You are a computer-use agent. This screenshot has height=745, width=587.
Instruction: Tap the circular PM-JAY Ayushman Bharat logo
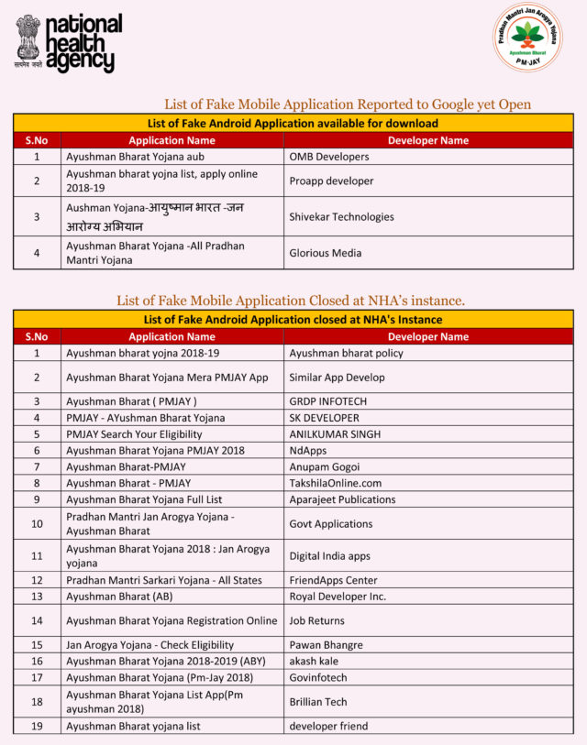point(527,38)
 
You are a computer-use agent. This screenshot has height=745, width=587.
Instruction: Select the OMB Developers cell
point(329,157)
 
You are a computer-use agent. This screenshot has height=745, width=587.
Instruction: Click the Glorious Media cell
point(325,253)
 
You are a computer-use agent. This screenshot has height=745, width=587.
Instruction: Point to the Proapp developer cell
point(331,181)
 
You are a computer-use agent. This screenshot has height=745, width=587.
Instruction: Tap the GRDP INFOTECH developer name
point(327,401)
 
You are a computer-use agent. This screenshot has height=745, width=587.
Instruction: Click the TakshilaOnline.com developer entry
point(335,483)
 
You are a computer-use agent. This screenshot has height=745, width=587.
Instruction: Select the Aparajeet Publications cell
point(342,499)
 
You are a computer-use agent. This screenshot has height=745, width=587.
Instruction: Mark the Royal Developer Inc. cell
point(338,597)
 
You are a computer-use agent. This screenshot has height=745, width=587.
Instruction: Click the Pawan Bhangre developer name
point(326,645)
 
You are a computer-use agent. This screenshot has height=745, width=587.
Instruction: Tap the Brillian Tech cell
point(317,701)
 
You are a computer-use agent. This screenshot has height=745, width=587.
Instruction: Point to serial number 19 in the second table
point(37,726)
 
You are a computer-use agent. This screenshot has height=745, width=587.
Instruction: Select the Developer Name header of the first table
point(428,141)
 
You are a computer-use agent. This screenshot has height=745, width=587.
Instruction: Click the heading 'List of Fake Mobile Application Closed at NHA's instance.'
point(291,301)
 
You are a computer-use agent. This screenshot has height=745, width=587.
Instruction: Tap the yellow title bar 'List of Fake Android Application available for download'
point(293,124)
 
